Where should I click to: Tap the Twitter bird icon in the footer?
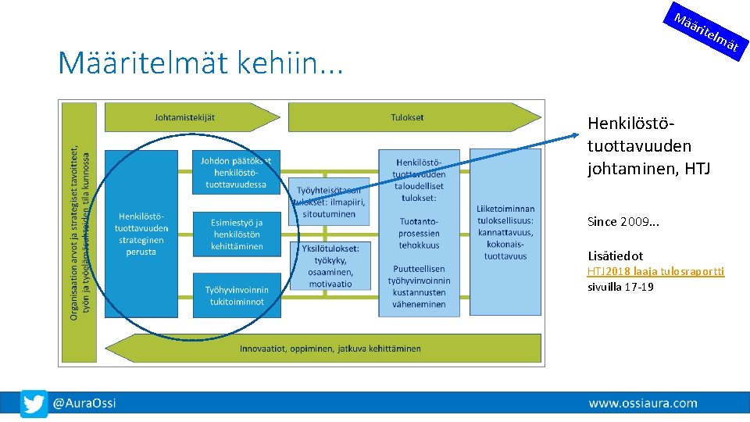coord(34,403)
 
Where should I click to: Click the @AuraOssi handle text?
coord(84,403)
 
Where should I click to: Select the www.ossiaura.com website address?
coord(642,403)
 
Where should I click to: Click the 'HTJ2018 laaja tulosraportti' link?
coord(655,271)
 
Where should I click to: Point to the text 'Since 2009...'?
coord(623,221)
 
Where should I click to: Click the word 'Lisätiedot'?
coord(615,256)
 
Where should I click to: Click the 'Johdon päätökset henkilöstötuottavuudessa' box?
coord(235,172)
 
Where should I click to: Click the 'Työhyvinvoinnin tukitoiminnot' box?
coord(236,295)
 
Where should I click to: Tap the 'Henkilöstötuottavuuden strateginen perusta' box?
coord(141,234)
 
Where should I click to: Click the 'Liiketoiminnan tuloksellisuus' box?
coord(505,232)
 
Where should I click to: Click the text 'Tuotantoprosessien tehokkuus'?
coord(419,233)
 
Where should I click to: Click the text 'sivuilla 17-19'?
coord(620,287)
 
